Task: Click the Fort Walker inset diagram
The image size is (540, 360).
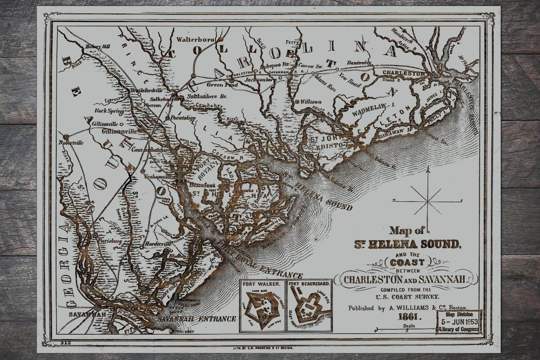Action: coord(262,305)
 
